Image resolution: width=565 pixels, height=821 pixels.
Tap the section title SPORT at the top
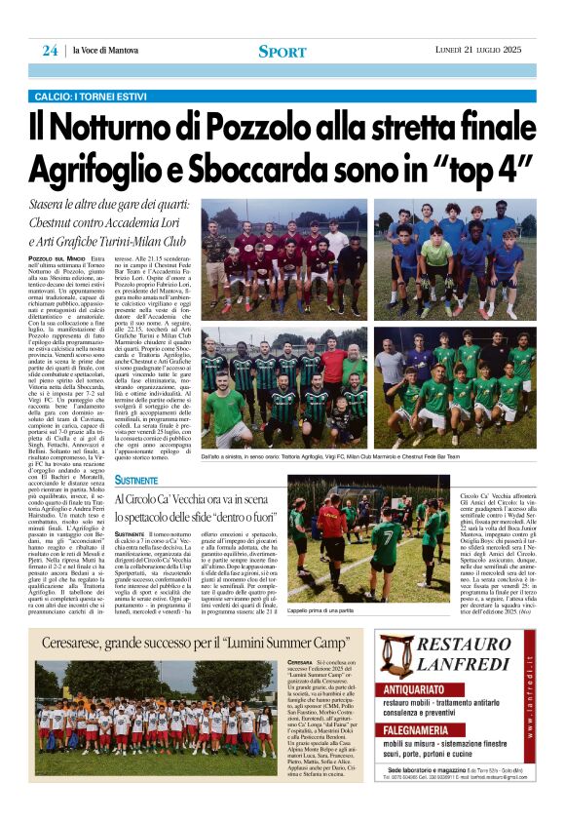(282, 51)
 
